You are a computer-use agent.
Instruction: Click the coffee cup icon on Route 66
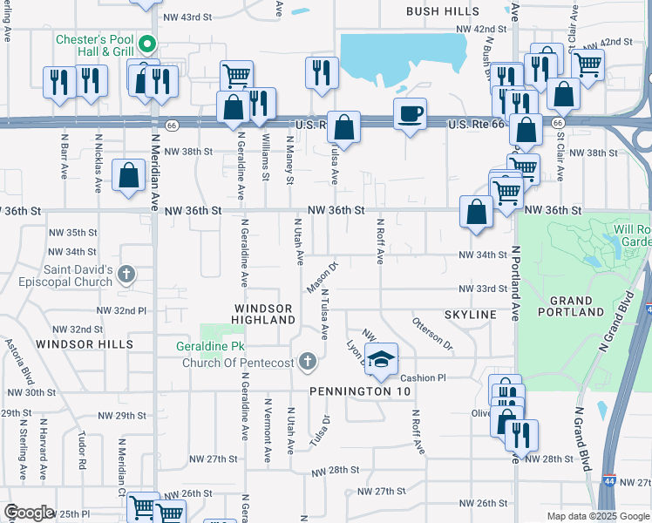coord(410,113)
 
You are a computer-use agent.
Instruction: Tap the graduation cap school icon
coord(380,358)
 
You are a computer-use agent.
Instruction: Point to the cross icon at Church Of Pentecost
coord(307,361)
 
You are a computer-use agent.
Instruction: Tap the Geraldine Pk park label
coord(207,346)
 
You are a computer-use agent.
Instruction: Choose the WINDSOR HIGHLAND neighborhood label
coord(264,315)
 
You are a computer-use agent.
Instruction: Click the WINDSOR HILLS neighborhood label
coord(85,344)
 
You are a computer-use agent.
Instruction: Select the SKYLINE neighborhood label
coord(471,314)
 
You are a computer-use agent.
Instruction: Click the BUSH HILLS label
coord(443,11)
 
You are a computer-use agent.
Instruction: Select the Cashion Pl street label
coord(423,377)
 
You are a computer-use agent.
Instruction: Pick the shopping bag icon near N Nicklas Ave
coord(129,175)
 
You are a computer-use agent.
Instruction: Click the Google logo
coord(29,513)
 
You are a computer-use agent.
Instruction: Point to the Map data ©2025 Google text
coord(598,516)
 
